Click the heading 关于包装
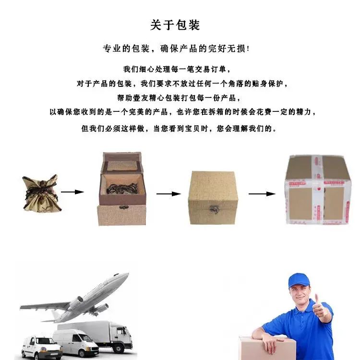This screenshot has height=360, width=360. pos(175,25)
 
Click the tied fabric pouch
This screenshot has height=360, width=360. pos(42,193)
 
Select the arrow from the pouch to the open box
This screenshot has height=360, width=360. pos(72,192)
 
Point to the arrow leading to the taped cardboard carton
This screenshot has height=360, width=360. pos(262,194)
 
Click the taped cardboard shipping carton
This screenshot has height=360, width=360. pos(317,190)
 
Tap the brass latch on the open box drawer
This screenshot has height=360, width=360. pos(123,207)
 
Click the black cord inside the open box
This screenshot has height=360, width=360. pos(122,188)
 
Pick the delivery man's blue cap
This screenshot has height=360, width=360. pos(299,280)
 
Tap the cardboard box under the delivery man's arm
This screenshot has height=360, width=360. pos(267,348)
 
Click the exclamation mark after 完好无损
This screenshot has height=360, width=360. pos(248,48)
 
